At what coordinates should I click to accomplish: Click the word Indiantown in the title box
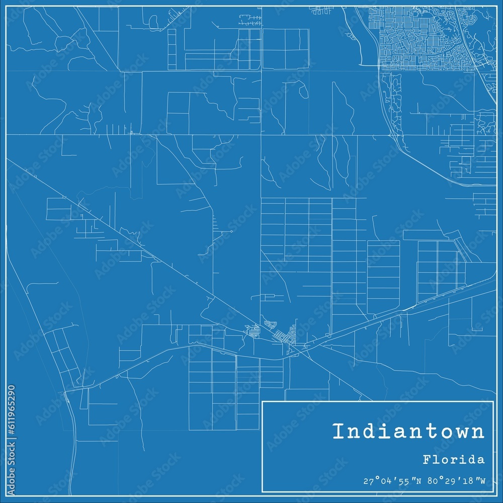pyautogui.click(x=408, y=432)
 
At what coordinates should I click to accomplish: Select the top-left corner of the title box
pyautogui.click(x=263, y=401)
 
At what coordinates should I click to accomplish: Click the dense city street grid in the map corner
pyautogui.click(x=423, y=38)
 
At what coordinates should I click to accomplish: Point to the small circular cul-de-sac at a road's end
pyautogui.click(x=231, y=231)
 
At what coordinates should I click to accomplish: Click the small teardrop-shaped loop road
pyautogui.click(x=303, y=91)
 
